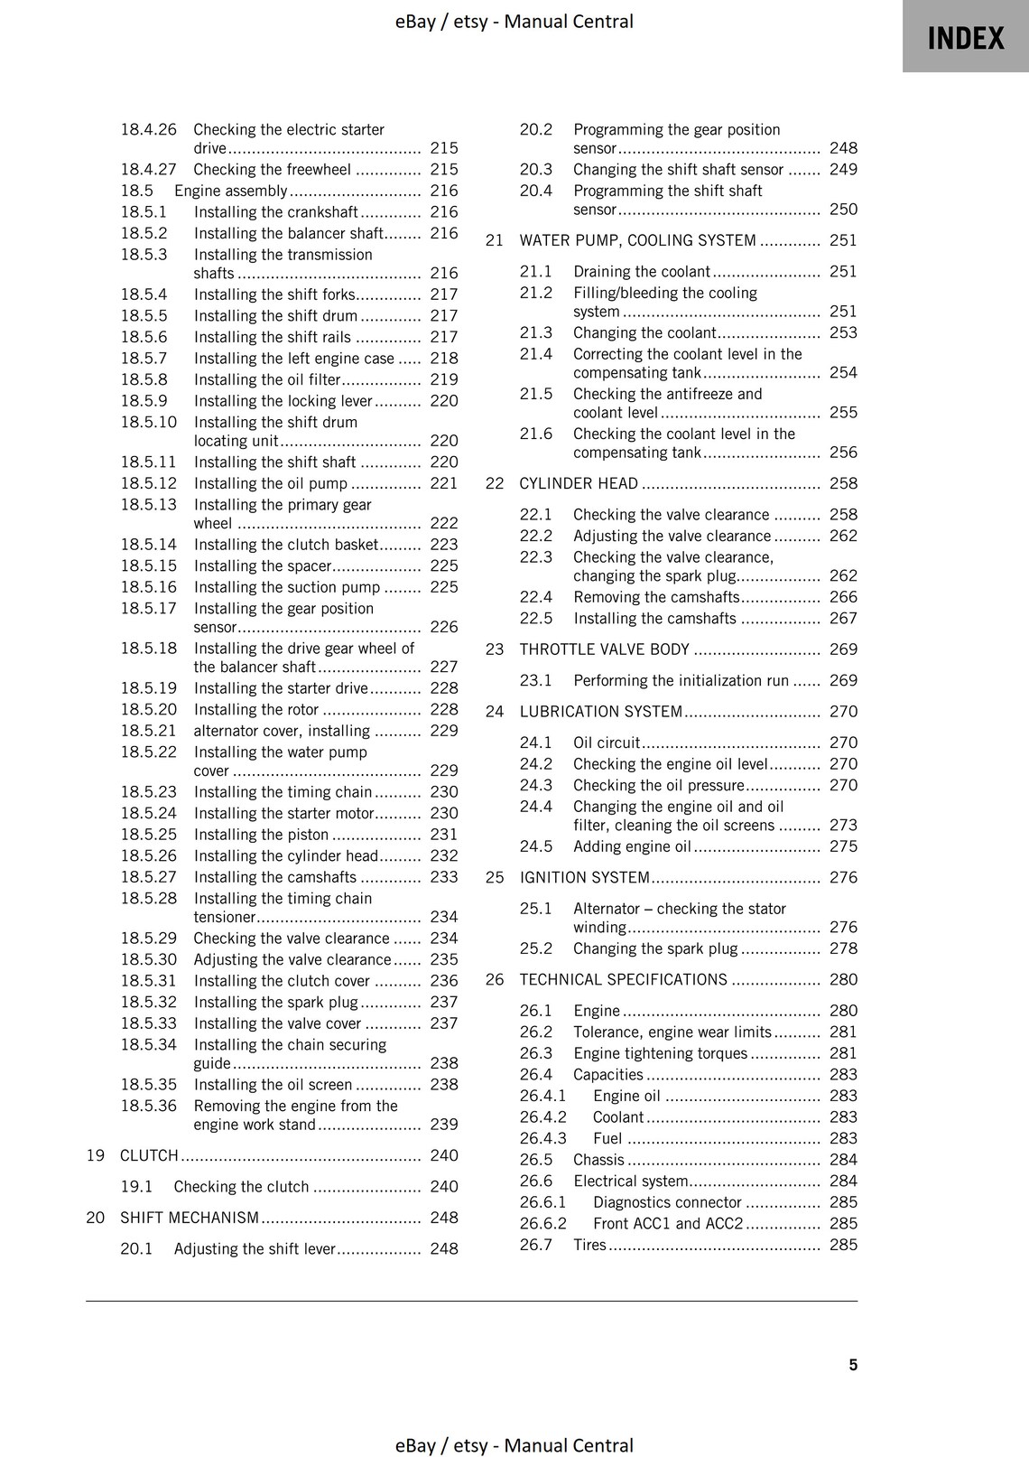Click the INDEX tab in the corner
coord(965,38)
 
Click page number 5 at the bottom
coord(853,1365)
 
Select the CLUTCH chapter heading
coord(149,1155)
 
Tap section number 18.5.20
coord(149,709)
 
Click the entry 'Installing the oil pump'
coord(270,483)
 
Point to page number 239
coord(443,1125)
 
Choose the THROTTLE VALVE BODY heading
coord(604,649)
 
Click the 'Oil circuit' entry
coord(606,743)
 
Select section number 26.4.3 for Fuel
coord(542,1138)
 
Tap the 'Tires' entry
coord(589,1245)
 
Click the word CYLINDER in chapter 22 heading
coord(553,483)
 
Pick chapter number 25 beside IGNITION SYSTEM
coord(495,877)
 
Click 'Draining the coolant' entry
coord(641,272)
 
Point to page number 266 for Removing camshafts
coord(843,597)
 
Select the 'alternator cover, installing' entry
coord(282,731)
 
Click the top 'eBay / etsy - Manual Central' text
coord(514,21)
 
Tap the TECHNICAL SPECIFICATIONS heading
coord(623,980)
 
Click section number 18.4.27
coord(149,169)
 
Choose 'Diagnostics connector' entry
coord(666,1202)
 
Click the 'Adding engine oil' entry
coord(632,846)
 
